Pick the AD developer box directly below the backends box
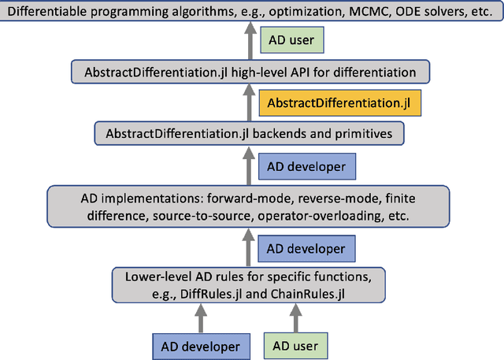(x=306, y=165)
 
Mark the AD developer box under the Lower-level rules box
(x=202, y=344)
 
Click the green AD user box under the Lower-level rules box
(x=295, y=344)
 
